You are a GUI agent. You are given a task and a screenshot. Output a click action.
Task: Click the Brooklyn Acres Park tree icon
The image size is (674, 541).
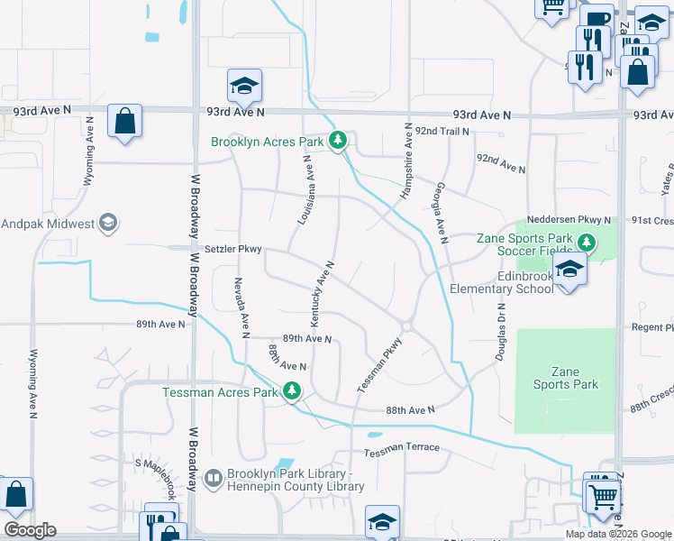[x=338, y=140]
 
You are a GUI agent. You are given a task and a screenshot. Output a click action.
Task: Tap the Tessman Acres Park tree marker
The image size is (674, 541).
[x=291, y=391]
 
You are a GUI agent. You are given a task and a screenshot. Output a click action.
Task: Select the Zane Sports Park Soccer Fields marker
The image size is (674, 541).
[x=586, y=242]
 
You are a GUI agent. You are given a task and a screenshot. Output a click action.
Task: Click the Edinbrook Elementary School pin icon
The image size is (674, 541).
[x=569, y=270]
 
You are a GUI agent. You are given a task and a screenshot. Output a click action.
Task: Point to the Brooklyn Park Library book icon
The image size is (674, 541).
[x=214, y=478]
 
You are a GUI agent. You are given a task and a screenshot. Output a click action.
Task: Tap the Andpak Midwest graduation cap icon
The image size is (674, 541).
[x=107, y=223]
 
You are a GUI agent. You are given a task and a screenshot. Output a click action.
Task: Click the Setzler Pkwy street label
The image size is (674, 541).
[x=232, y=251]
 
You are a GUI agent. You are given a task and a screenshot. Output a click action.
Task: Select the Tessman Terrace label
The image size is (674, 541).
[x=402, y=448]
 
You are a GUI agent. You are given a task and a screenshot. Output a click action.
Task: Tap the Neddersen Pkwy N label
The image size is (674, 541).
[x=569, y=220]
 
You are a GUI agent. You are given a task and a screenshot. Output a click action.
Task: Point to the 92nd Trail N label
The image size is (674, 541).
[x=443, y=132]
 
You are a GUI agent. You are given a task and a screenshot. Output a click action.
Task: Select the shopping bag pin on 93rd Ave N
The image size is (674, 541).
[x=124, y=120]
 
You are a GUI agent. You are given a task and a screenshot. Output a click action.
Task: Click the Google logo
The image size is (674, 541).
[x=30, y=530]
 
